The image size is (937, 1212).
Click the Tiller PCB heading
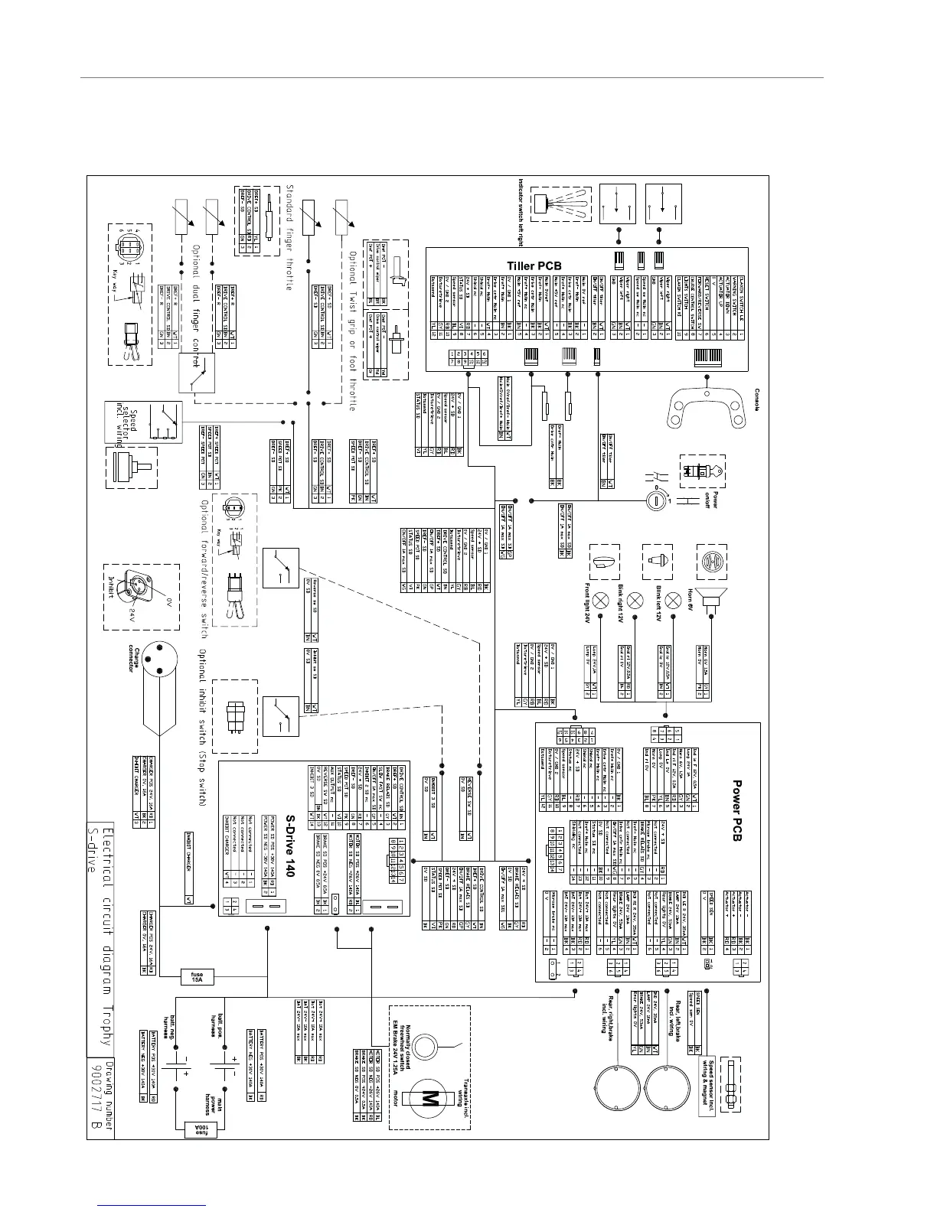click(534, 266)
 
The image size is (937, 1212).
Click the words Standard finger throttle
click(290, 236)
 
